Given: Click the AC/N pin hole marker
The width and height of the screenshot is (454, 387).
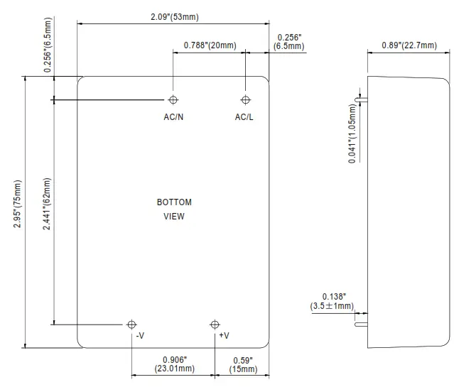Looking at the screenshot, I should click(x=173, y=99).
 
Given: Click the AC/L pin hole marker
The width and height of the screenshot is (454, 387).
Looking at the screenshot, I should click(x=246, y=99).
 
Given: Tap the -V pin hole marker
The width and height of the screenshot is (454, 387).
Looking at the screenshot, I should click(x=131, y=325).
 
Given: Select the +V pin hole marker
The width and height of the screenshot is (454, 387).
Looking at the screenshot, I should click(x=215, y=325).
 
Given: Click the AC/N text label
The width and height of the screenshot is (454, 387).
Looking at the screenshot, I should click(x=173, y=116).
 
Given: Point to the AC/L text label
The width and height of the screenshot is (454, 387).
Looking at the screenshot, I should click(x=244, y=116).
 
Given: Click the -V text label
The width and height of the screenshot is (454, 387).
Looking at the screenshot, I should click(x=140, y=335).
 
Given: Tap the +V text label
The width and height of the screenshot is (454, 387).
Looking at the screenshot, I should click(x=224, y=335).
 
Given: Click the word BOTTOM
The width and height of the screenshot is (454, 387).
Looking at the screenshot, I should click(x=174, y=202).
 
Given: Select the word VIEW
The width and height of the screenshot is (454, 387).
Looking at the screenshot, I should click(x=174, y=217).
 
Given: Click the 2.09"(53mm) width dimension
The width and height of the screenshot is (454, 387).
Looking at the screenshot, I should click(x=173, y=16).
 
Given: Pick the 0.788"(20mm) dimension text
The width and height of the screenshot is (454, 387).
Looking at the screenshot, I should click(x=210, y=45).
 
